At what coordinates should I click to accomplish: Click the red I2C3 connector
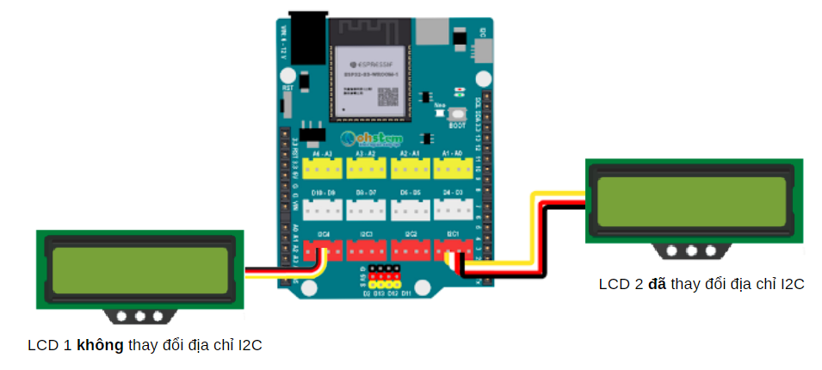pos(366,249)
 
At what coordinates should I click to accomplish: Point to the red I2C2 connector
pos(411,249)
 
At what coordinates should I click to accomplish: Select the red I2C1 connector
pos(453,249)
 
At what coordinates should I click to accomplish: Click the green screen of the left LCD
pos(140,268)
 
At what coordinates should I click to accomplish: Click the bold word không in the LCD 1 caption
pos(101,346)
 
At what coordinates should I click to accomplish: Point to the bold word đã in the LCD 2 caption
pos(658,284)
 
